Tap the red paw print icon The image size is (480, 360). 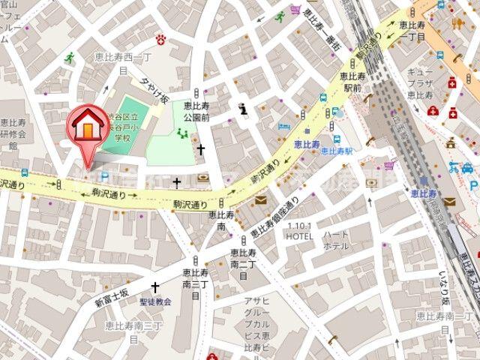coord(160,38)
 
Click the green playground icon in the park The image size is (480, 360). coord(181,133)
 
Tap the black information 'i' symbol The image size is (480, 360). coord(241,109)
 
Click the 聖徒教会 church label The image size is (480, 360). coord(155,301)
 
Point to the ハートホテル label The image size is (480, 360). coord(335,240)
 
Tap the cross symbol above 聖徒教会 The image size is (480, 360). coord(155,287)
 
